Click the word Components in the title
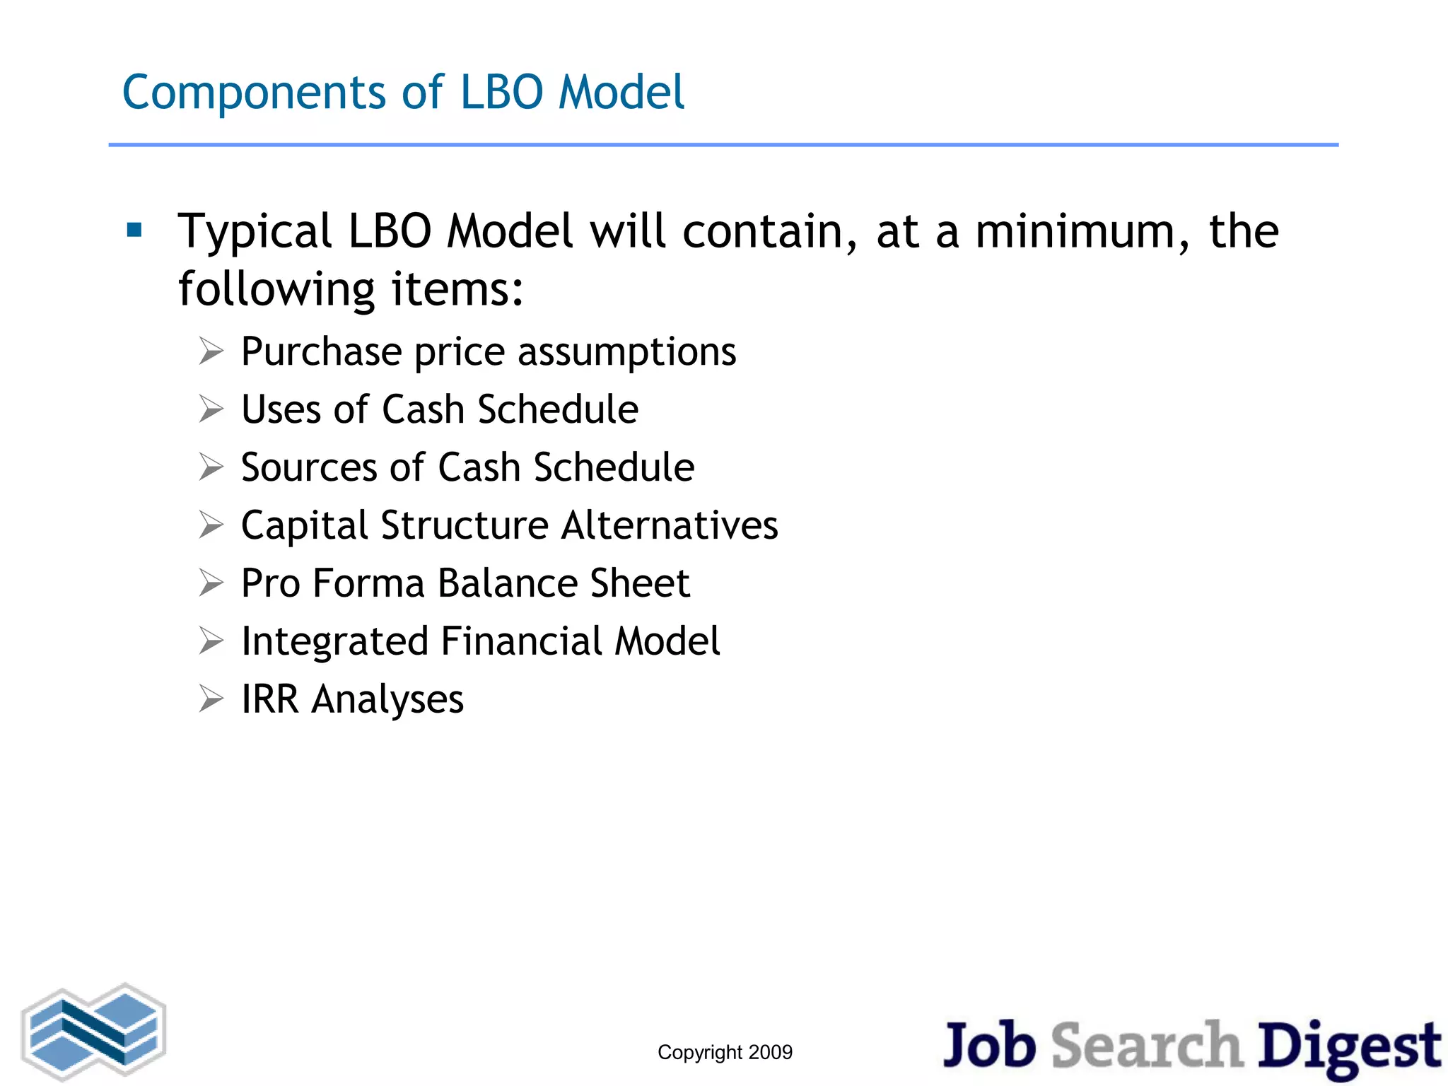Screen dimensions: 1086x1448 point(254,93)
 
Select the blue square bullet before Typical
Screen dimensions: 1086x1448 point(134,230)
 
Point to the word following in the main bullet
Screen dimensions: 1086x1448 point(276,290)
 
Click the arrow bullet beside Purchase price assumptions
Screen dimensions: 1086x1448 point(211,351)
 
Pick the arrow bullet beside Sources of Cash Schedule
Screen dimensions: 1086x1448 point(211,467)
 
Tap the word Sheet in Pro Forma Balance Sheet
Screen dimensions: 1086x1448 point(639,583)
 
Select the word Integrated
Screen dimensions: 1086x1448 point(334,642)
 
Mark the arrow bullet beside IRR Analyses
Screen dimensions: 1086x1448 point(211,699)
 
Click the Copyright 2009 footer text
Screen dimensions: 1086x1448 point(725,1052)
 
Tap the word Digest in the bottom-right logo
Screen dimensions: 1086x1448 point(1349,1046)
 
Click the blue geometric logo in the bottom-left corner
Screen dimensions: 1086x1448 point(94,1032)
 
